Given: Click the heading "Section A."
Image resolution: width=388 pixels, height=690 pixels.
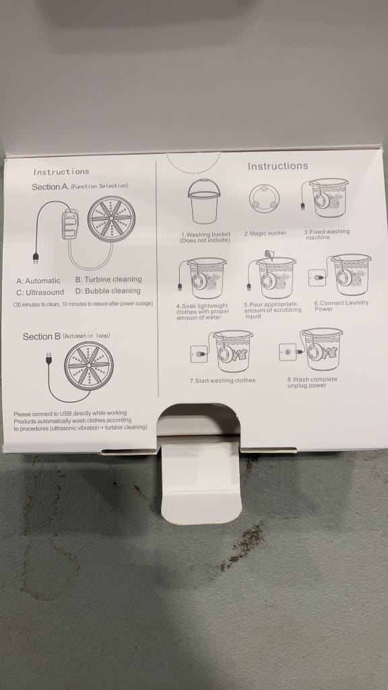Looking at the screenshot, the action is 50,187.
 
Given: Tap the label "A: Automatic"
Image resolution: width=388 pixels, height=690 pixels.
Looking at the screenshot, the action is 38,281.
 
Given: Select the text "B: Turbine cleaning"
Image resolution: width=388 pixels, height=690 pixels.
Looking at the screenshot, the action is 108,279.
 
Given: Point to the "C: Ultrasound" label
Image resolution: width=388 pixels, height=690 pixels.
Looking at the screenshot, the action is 40,292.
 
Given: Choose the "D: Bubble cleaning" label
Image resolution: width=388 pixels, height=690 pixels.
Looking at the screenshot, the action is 108,291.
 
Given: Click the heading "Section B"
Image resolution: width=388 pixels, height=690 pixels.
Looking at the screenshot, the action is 41,337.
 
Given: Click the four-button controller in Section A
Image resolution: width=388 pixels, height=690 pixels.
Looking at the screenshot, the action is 70,224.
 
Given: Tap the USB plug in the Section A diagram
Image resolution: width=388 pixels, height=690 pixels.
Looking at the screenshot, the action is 36,258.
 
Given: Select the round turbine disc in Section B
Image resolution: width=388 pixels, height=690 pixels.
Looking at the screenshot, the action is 88,366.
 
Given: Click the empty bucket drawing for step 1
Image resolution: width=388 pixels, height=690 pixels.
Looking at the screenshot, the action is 203,201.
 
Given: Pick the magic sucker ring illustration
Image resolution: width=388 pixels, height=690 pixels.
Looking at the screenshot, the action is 263,199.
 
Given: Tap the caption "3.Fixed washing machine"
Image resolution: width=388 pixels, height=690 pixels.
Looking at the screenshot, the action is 327,234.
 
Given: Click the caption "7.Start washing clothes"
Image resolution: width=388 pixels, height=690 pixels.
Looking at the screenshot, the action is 222,380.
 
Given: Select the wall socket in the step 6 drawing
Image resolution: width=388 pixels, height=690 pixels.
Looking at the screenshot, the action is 317,278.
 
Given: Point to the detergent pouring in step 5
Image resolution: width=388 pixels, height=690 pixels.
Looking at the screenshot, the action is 269,255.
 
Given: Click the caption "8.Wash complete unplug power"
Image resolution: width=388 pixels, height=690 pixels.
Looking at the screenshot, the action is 312,383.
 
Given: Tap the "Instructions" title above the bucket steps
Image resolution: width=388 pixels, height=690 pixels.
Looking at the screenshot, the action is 278,166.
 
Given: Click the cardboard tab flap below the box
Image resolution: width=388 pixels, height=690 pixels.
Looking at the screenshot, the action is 201,482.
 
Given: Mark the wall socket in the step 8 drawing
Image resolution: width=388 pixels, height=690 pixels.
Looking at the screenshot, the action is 288,352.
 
